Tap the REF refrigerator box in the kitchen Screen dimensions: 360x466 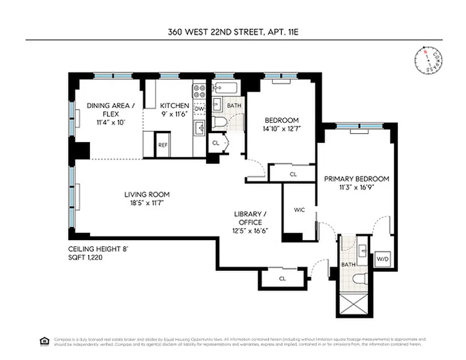coord(163,145)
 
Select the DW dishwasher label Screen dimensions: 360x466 coord(199,109)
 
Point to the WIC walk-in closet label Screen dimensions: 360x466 coord(299,210)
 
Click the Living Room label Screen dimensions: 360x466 coord(147,194)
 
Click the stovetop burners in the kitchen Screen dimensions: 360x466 coord(199,92)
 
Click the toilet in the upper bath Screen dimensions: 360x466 coord(219,122)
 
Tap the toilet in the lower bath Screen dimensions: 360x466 coord(359,279)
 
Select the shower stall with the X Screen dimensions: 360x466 coord(353,305)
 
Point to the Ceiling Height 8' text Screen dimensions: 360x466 coord(95,249)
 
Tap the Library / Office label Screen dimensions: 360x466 coord(247,218)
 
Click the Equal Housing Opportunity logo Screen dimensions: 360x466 coord(44,341)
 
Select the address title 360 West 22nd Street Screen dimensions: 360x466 coord(233,32)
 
